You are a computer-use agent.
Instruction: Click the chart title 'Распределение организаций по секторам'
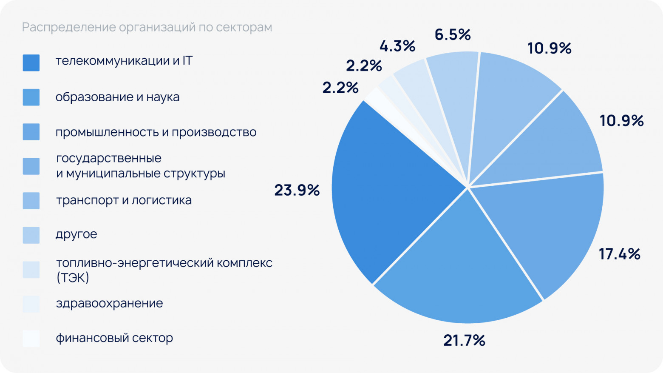147,27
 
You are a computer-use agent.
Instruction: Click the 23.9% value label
297,190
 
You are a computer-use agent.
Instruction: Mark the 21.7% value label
464,340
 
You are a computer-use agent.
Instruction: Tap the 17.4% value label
619,254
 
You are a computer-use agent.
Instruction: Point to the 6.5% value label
453,34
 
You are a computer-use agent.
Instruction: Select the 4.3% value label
397,46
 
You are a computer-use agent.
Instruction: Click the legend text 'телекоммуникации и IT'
124,61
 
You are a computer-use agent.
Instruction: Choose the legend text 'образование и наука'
117,97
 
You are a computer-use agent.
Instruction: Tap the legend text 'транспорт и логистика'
124,200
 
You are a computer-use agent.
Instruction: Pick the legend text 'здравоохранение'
109,303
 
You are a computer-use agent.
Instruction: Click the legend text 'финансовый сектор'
114,338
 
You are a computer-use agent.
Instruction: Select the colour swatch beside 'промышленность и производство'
31,132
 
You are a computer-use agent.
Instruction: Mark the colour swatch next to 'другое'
31,235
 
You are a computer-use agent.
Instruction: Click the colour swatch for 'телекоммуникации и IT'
31,63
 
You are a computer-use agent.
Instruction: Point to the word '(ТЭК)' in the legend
73,278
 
